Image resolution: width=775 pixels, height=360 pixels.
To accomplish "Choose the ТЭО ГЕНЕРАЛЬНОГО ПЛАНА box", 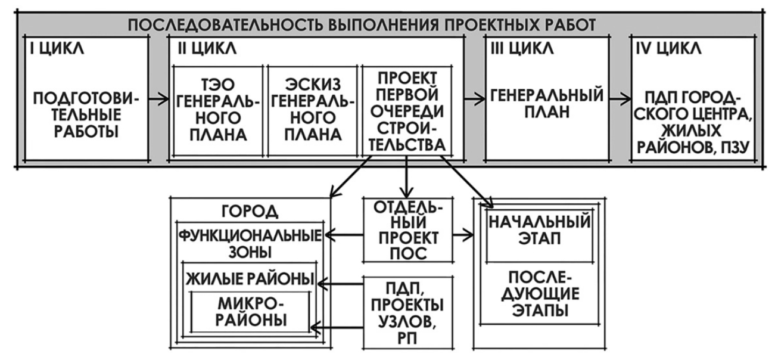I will point(219,113).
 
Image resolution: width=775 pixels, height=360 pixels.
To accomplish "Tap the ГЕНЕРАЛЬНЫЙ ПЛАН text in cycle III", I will point(547,105).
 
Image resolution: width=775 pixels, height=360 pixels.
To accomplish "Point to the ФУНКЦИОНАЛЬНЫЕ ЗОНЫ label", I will point(250,241).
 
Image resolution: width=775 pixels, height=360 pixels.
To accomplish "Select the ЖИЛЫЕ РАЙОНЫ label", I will point(251,278).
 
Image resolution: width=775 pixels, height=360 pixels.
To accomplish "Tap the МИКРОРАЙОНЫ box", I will point(251,312).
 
